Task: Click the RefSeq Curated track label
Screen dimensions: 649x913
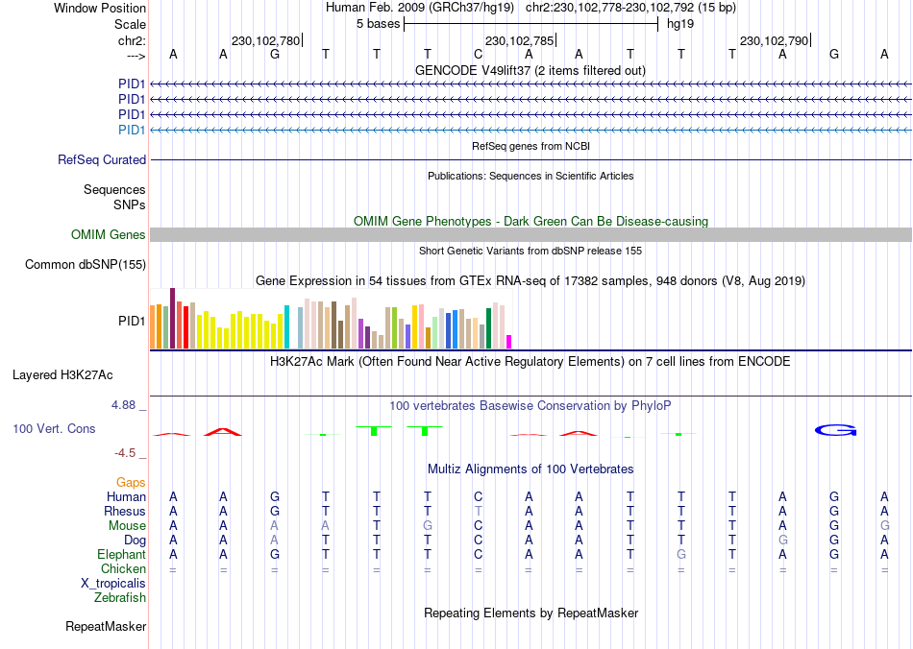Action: (x=102, y=160)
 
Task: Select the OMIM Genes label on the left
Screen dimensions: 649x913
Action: (x=109, y=235)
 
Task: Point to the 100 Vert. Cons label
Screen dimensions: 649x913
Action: (x=55, y=429)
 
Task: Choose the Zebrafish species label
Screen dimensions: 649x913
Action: (x=120, y=598)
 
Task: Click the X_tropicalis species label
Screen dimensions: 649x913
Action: (x=113, y=583)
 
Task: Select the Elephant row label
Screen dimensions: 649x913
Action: (x=121, y=555)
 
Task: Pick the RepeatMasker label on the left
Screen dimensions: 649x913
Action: (x=106, y=627)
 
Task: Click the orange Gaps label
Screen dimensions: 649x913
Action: (x=131, y=482)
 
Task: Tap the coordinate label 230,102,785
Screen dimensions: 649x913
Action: (x=519, y=41)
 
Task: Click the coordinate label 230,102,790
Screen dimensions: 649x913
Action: (x=773, y=41)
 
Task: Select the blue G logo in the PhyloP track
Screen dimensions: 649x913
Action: (x=835, y=430)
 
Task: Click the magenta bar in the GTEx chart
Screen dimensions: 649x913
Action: (x=509, y=341)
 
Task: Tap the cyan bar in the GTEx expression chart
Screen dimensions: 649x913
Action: (x=287, y=326)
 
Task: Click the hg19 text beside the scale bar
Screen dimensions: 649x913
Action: (x=680, y=23)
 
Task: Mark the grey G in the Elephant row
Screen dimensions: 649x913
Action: (x=681, y=555)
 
